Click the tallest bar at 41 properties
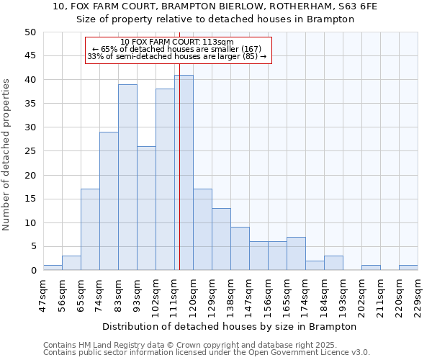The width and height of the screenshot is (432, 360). pos(184,173)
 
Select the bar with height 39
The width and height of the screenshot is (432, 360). pos(127,177)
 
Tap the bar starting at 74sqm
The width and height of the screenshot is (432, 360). pos(109,201)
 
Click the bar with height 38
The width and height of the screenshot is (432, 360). pos(165,179)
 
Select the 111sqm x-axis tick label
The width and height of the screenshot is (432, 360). pos(174,294)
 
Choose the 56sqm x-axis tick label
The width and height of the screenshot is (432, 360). pos(62,294)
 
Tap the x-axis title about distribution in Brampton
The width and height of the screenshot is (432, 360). pos(230,326)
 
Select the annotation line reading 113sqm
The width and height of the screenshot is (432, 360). pos(177,42)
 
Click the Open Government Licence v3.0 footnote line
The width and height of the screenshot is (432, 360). pos(207,353)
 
